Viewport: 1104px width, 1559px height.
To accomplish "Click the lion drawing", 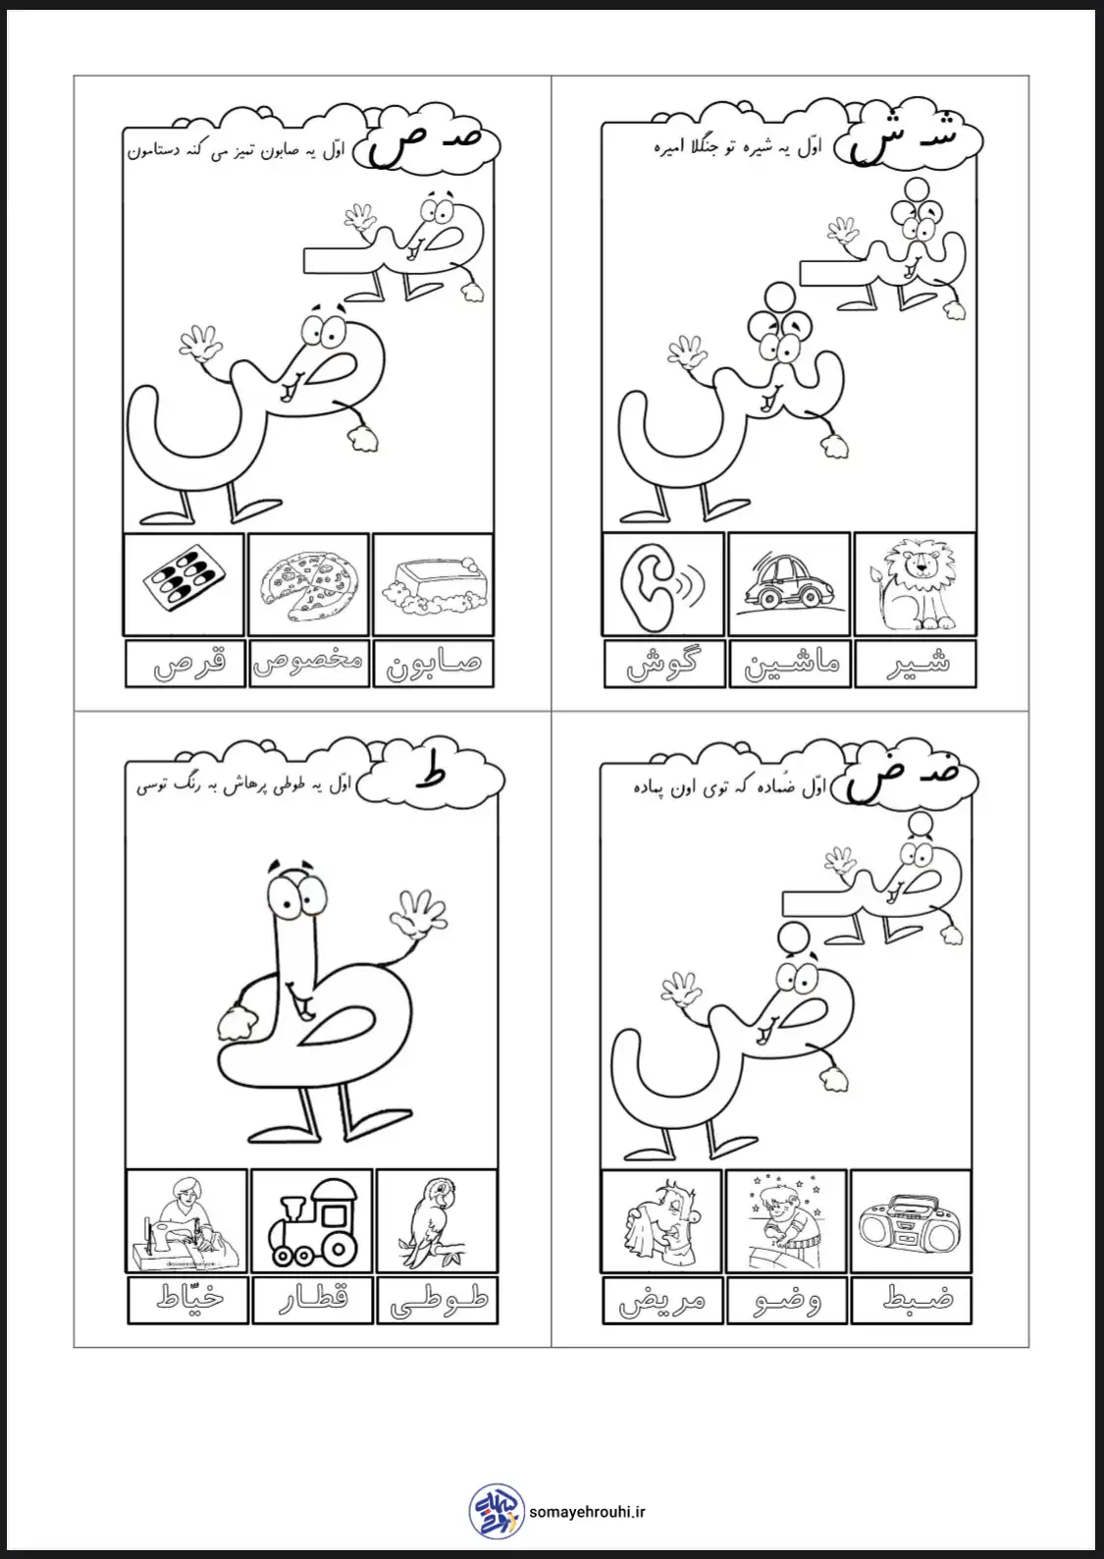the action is pos(914,584).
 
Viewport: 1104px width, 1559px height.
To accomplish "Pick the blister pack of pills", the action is pos(184,582).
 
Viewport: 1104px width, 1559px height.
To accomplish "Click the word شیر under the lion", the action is pos(918,662).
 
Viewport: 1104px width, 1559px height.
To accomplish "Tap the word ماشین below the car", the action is pos(791,664).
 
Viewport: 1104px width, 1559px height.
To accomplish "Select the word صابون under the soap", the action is pos(433,664).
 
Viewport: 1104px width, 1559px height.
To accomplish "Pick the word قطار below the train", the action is pos(313,1300).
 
